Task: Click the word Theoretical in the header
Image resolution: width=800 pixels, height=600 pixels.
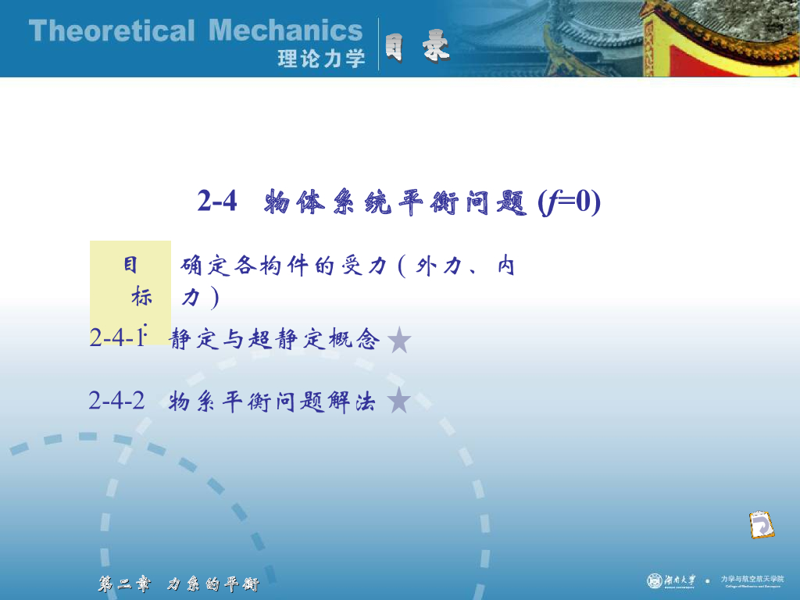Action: tap(111, 32)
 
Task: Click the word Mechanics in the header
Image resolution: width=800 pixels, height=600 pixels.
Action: tap(286, 32)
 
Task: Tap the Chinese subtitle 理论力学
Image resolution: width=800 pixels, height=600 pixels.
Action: tap(321, 59)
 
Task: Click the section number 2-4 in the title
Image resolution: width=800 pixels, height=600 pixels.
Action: tap(216, 202)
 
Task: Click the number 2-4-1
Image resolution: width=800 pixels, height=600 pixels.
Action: tap(117, 338)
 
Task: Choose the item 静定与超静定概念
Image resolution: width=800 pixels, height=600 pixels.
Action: tap(274, 340)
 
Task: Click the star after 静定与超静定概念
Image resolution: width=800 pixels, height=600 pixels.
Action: tap(399, 340)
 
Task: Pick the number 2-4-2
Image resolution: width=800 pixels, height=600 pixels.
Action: tap(117, 401)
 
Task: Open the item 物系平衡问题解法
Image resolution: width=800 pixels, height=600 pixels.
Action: tap(272, 402)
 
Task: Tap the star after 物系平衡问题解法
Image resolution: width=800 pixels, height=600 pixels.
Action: tap(399, 401)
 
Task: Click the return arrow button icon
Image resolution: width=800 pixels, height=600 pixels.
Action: tap(760, 524)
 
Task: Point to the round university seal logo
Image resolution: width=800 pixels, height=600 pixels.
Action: tap(655, 580)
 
